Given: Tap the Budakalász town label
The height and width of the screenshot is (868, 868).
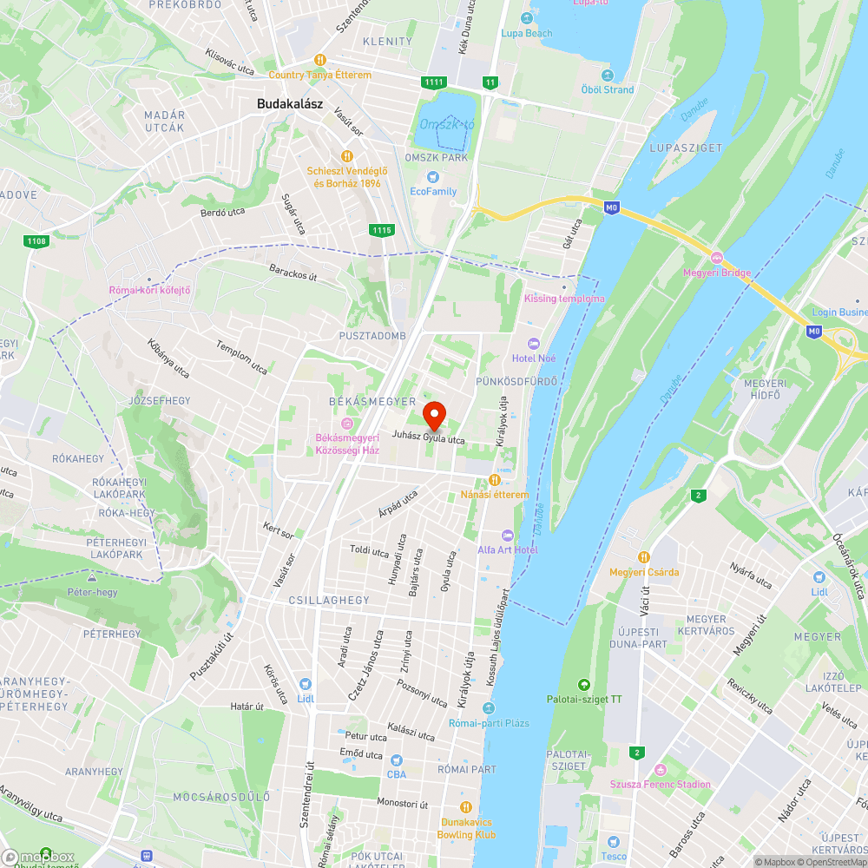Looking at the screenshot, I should tap(290, 103).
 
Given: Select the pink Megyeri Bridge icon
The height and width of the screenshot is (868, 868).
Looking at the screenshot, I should tap(717, 258).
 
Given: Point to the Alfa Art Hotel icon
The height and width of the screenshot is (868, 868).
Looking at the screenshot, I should tap(508, 535).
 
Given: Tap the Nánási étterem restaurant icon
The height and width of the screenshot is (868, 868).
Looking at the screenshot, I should tap(495, 480).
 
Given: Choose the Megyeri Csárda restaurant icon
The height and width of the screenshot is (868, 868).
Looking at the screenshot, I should tap(644, 556).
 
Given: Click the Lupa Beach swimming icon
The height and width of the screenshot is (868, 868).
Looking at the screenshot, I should tap(526, 18).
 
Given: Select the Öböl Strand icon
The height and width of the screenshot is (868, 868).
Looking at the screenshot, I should tap(607, 75).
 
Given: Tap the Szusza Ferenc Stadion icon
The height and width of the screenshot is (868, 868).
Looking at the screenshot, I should tap(660, 769).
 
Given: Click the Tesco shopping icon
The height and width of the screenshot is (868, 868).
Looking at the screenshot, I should tap(613, 842).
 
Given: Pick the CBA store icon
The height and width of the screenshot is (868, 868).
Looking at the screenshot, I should tap(396, 759).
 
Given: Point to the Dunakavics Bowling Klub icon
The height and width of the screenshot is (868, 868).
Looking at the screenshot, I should tap(466, 806).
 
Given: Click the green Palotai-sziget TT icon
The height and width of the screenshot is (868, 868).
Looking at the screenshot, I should tap(583, 684).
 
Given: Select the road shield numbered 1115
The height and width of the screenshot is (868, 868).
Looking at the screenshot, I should tap(381, 230).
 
